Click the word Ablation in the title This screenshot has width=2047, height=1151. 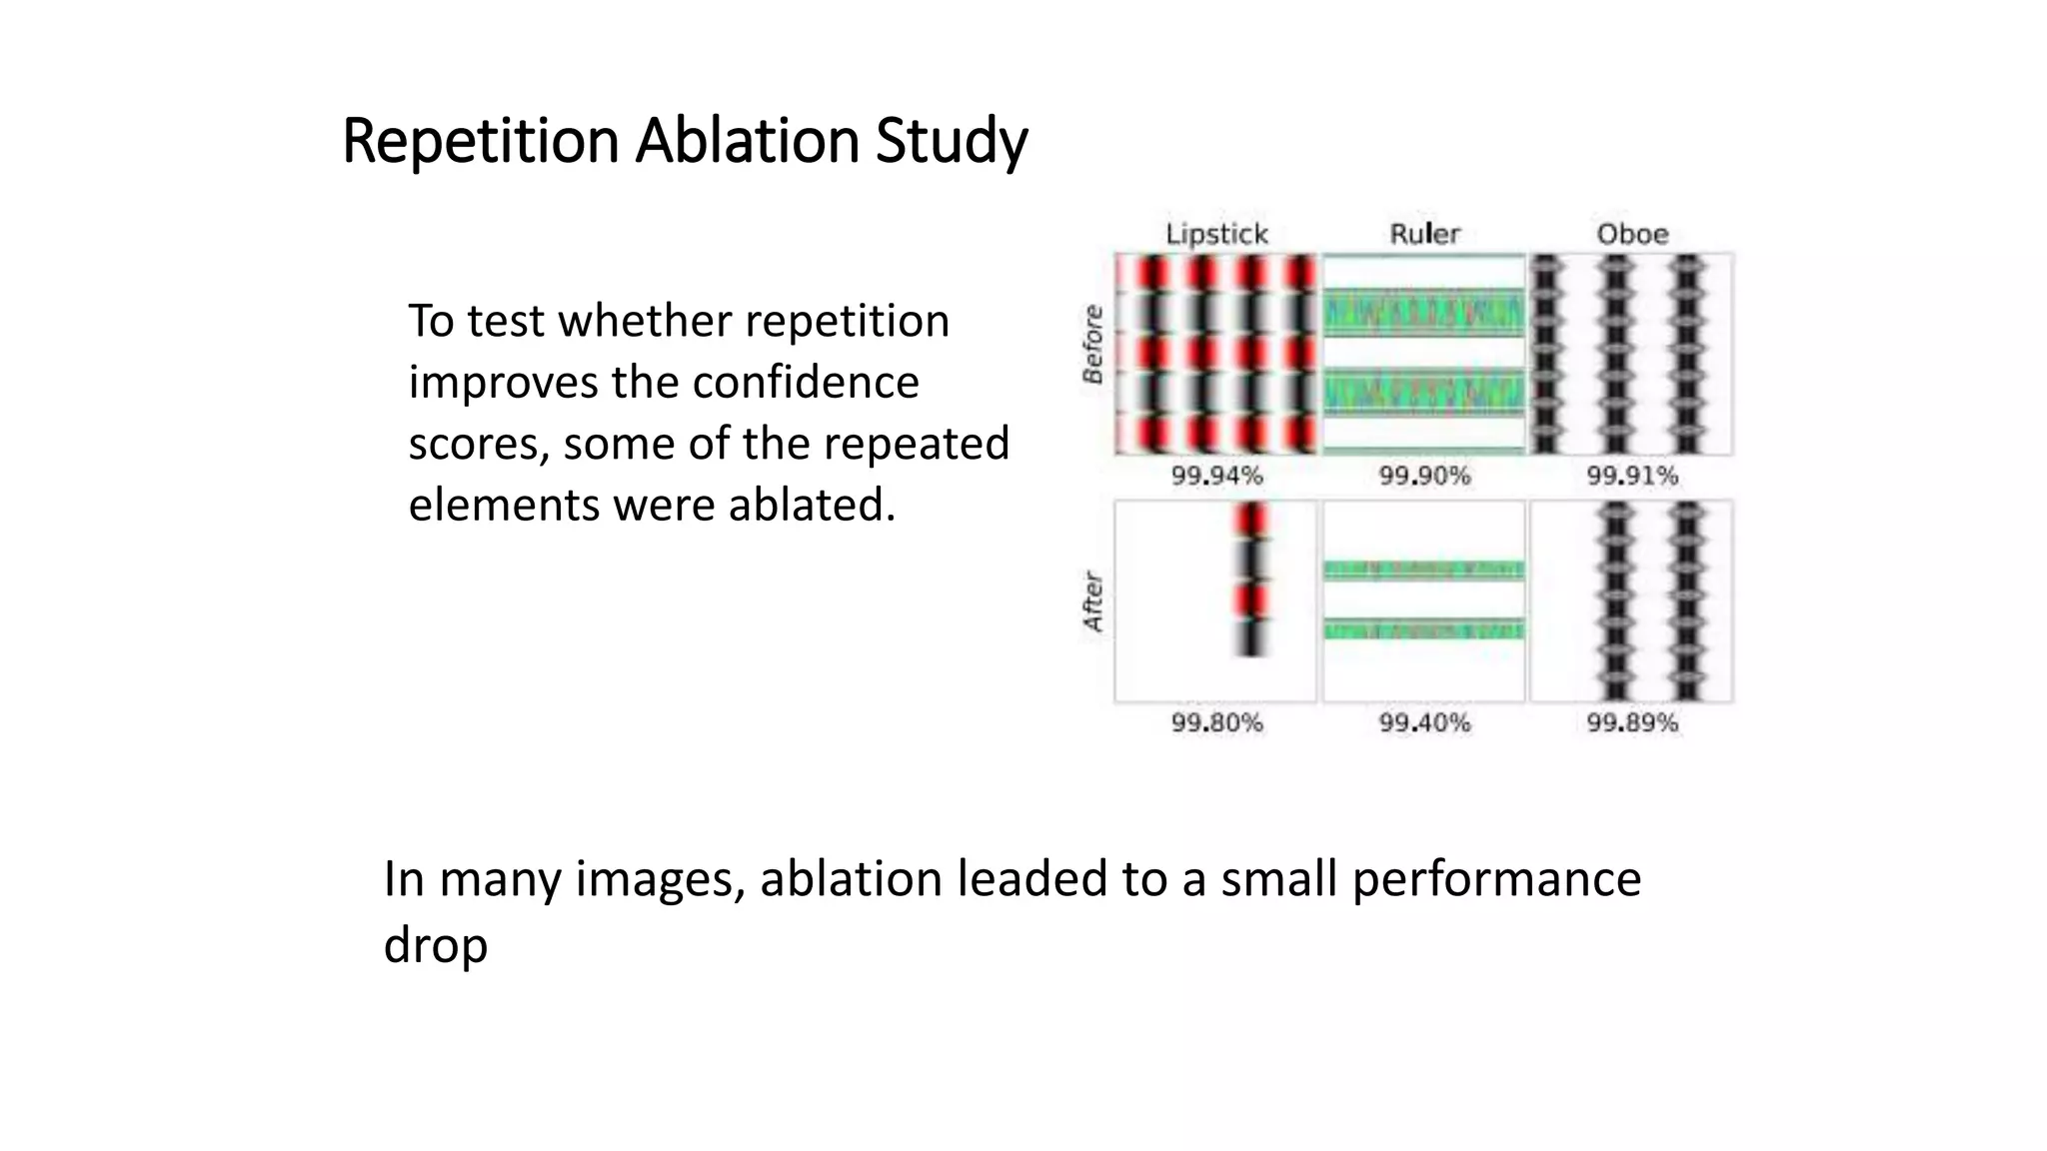tap(747, 140)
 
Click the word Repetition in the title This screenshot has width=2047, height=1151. tap(481, 140)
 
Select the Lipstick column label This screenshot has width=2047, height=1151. tap(1216, 234)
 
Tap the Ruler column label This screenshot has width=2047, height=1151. tap(1424, 234)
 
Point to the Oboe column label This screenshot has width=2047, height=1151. tap(1632, 234)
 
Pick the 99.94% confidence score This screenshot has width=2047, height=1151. tap(1216, 476)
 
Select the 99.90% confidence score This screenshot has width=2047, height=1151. tap(1424, 476)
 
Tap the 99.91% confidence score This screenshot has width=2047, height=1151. tap(1632, 476)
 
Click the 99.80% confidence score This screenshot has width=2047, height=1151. tap(1216, 722)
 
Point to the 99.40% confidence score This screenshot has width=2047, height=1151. tap(1424, 722)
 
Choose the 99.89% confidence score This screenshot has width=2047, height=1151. tap(1632, 722)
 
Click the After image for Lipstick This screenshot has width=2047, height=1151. tap(1216, 601)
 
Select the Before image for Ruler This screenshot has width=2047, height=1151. tap(1424, 355)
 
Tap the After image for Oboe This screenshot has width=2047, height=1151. tap(1632, 601)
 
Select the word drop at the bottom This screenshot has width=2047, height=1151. tap(435, 945)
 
